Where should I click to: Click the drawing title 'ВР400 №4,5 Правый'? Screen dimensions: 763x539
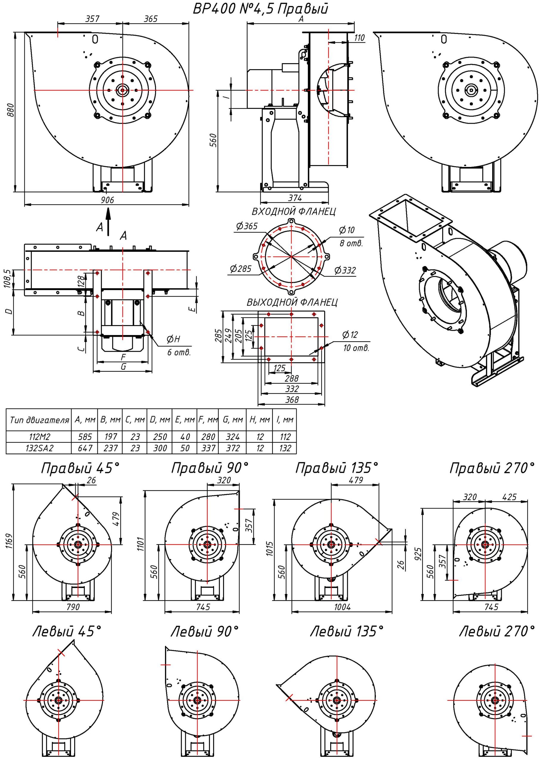point(261,9)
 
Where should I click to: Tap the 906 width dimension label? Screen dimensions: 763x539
point(107,200)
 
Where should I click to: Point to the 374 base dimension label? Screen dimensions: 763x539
point(295,198)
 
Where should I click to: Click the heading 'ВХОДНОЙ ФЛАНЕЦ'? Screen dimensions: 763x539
point(294,212)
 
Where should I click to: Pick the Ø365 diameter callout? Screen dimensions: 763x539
point(247,226)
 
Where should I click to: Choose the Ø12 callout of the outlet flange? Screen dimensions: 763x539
point(350,335)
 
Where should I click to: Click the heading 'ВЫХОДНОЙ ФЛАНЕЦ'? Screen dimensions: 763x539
point(292,303)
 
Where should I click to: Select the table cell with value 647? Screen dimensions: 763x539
point(85,448)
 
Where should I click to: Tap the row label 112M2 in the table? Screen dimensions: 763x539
point(39,437)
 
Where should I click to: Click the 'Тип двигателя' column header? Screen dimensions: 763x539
point(39,420)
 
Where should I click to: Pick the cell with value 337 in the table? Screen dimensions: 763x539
point(208,448)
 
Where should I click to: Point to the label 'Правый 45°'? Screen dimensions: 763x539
point(80,469)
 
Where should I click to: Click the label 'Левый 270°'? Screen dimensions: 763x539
point(497,631)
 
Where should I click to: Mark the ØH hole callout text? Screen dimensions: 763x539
point(173,339)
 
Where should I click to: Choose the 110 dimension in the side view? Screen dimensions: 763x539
point(359,38)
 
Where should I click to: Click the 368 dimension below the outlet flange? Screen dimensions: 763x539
point(292,399)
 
